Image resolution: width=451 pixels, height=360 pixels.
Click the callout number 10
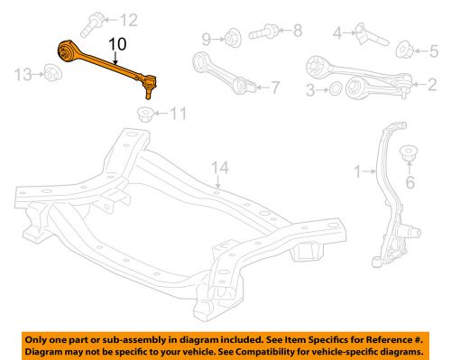click(x=118, y=43)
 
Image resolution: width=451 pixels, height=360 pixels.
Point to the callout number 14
click(x=220, y=167)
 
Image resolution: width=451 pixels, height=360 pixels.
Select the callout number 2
click(x=431, y=84)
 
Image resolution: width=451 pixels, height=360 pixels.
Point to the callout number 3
click(x=311, y=90)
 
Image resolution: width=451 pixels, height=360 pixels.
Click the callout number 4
click(x=337, y=34)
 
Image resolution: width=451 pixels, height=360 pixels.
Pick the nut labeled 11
click(x=144, y=113)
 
